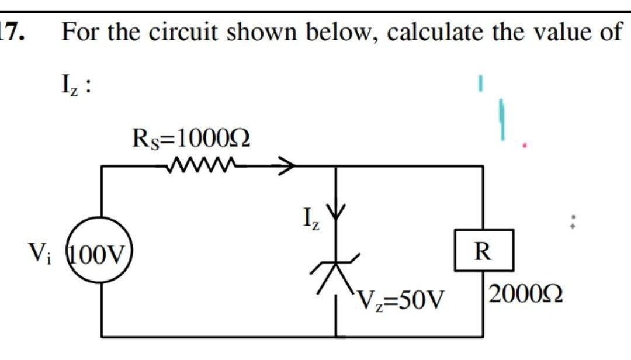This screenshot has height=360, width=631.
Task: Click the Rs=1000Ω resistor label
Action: click(192, 140)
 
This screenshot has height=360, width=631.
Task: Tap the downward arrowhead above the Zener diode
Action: click(336, 214)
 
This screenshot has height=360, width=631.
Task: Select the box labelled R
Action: click(483, 251)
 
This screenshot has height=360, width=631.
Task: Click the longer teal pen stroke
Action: click(501, 119)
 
